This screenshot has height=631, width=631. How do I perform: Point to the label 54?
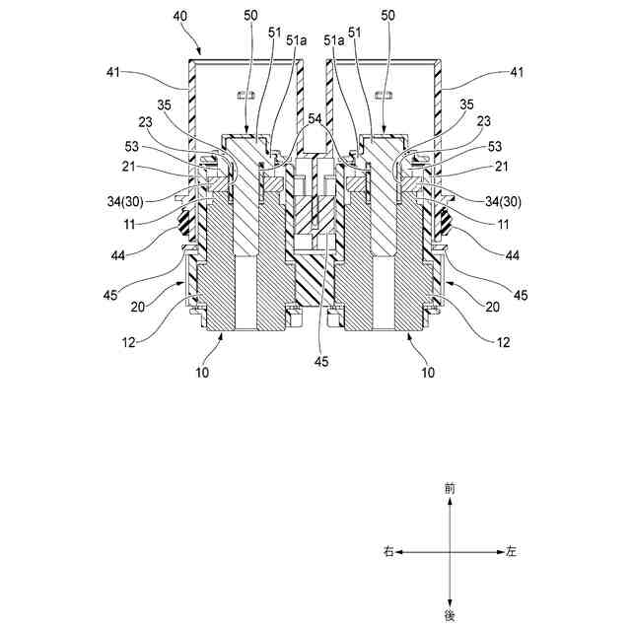tap(314, 118)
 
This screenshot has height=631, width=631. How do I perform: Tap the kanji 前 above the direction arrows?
tap(451, 488)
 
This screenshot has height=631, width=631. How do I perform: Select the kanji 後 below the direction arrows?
tap(451, 615)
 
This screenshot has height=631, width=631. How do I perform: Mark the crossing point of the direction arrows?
tap(451, 552)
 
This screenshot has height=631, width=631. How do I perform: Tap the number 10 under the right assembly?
tap(428, 373)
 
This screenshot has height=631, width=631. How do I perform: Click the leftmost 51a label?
tap(296, 41)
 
